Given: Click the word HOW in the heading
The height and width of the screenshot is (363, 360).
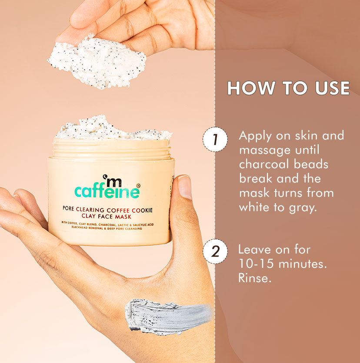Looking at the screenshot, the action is (x=250, y=88).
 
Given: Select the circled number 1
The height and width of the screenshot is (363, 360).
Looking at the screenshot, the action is (x=215, y=139).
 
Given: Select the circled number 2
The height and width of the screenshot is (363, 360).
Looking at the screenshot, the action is (x=215, y=251).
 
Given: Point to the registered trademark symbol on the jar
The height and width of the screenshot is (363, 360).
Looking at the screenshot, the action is (x=138, y=185).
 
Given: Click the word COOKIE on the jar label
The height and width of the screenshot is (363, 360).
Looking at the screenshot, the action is (x=142, y=210).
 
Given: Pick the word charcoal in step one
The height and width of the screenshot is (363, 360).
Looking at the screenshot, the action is (x=264, y=164).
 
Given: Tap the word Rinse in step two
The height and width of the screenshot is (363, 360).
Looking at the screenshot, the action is (x=254, y=278).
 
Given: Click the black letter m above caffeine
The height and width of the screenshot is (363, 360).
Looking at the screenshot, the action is (x=113, y=181).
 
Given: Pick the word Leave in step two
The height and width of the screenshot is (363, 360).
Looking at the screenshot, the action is (x=253, y=250).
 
